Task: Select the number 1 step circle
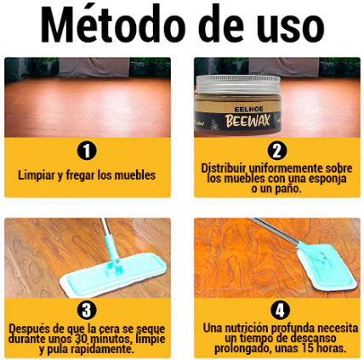87,151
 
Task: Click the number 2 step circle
276,151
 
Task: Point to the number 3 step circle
87,311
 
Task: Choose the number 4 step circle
280,311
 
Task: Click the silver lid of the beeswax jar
238,84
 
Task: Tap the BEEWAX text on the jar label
247,120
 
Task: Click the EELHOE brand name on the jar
248,109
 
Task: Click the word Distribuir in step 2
224,168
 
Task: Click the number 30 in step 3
82,339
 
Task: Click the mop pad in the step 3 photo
113,274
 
